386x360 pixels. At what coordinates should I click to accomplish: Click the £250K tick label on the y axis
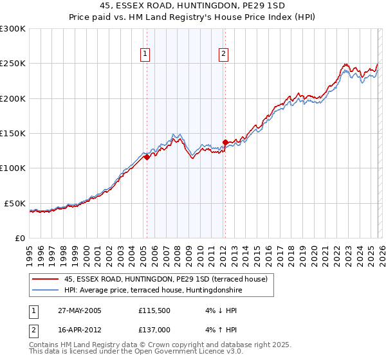pos(13,64)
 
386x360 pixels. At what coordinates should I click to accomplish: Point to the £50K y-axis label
pos(15,203)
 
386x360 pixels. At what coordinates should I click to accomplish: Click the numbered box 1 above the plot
pos(146,55)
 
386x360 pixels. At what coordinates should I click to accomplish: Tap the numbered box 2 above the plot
pos(223,55)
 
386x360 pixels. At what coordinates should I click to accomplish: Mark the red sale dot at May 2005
pos(147,157)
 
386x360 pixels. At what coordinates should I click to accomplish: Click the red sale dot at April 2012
pos(225,142)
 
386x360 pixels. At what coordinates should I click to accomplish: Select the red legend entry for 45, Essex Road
pos(170,278)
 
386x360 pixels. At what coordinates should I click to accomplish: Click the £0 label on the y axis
pos(19,238)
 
